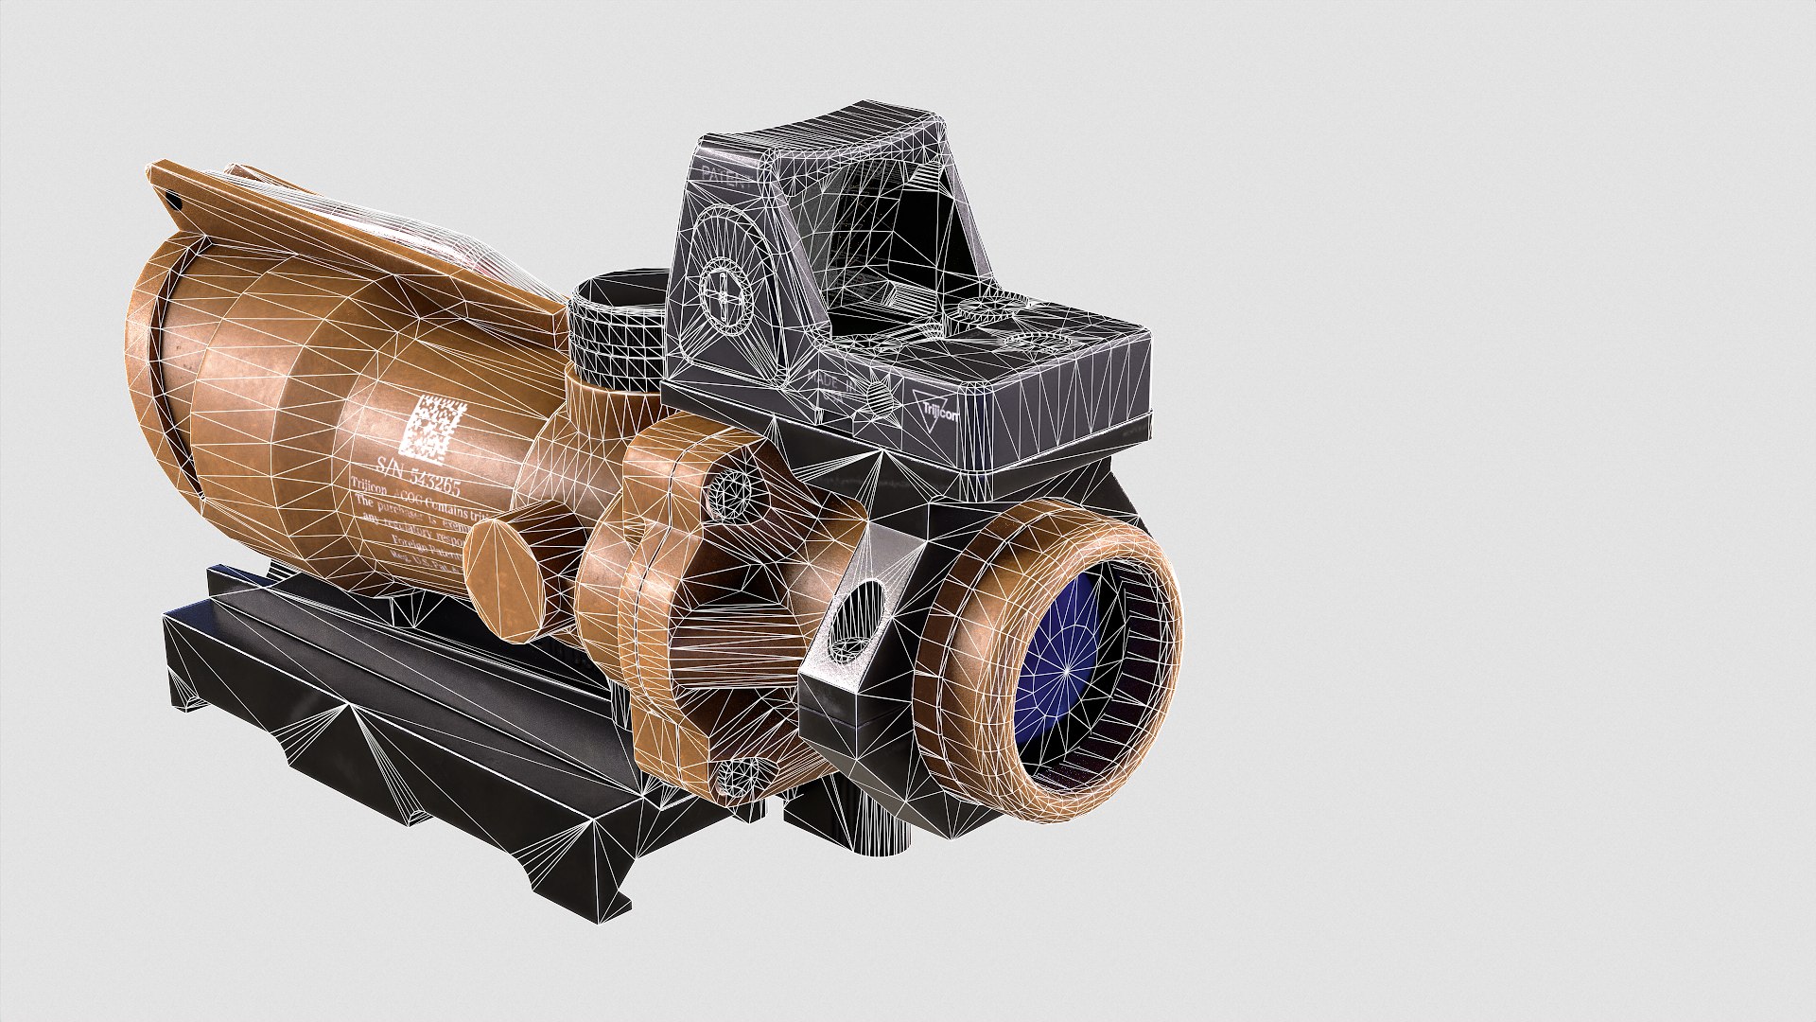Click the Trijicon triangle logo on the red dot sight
point(935,410)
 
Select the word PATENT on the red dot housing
point(724,177)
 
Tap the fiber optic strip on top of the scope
point(397,237)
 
